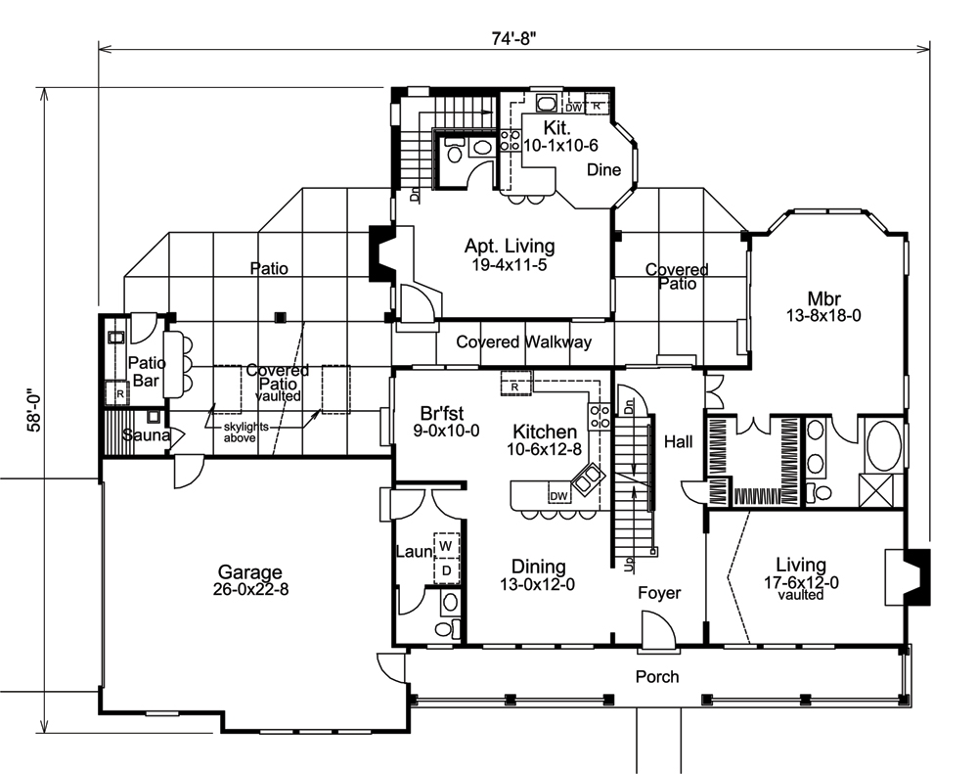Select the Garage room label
click(x=249, y=572)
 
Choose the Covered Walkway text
click(x=523, y=342)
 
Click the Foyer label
click(x=659, y=593)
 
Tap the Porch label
click(x=657, y=676)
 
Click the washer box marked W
click(x=445, y=545)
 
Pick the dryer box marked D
click(x=445, y=569)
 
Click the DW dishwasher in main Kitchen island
click(x=558, y=496)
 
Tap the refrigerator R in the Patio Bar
click(x=119, y=394)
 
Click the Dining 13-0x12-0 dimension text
click(x=539, y=584)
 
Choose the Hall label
click(x=678, y=442)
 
